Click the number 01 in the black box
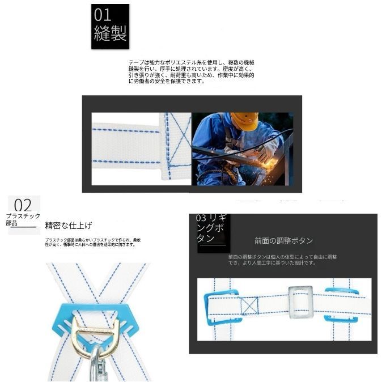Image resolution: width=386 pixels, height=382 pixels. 104,15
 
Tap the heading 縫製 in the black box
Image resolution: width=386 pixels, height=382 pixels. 109,33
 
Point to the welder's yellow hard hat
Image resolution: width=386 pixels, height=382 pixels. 245,121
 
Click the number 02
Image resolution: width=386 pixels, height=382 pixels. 23,205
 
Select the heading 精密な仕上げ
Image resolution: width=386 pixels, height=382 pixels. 69,226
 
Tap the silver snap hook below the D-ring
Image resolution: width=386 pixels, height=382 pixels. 97,366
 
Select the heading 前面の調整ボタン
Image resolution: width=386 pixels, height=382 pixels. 283,241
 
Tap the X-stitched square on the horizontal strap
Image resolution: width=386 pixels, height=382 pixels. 249,306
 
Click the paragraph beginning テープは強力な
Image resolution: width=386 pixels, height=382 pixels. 191,71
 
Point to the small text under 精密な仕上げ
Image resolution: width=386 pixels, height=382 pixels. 93,242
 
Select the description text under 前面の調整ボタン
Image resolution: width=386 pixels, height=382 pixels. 282,260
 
